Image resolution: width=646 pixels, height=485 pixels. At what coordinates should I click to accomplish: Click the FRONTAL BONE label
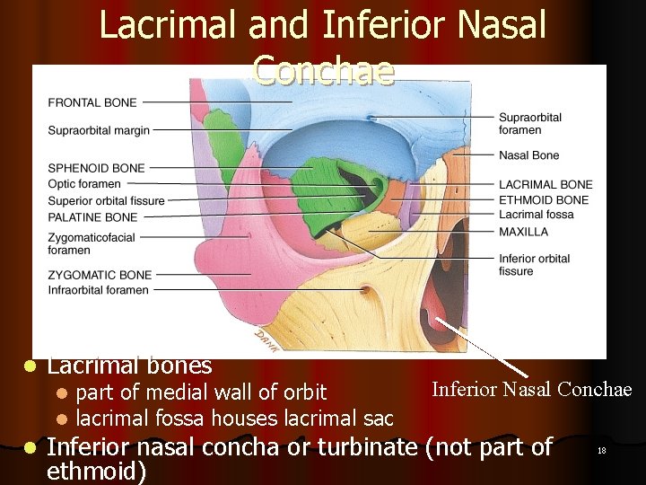pos(92,102)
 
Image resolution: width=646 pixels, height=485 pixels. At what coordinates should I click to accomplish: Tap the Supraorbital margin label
pos(99,130)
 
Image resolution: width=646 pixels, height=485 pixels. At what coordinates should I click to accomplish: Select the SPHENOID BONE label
pos(96,168)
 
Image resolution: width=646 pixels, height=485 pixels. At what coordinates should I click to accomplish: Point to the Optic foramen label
pos(84,184)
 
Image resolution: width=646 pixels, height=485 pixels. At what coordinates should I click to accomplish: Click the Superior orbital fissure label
pos(106,200)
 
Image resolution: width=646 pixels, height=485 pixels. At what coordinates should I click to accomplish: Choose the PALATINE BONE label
pos(92,217)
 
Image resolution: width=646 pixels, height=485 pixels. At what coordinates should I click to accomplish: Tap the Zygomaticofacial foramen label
pos(92,243)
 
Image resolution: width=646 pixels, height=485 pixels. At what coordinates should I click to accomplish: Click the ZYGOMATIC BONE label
pos(100,275)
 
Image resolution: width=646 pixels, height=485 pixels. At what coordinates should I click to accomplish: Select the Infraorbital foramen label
pos(99,290)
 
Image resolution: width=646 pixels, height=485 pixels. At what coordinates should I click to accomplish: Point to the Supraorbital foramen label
pos(529,124)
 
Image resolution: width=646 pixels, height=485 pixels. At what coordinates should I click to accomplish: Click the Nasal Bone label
pos(528,155)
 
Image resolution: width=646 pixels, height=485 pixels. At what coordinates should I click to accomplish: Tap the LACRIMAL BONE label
pos(546,185)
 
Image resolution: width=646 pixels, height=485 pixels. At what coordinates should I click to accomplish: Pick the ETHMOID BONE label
pos(544,200)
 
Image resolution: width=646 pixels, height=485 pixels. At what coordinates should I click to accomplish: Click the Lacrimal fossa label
pos(536,215)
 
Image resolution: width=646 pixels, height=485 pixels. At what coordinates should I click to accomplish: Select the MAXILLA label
pos(523,232)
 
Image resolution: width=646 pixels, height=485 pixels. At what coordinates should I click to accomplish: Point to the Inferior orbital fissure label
pos(534,265)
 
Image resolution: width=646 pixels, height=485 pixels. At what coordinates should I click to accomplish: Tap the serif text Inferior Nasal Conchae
pos(532,390)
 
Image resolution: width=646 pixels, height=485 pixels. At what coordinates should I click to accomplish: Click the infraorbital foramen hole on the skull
pos(364,291)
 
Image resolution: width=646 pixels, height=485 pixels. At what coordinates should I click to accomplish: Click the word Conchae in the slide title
pos(323,70)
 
